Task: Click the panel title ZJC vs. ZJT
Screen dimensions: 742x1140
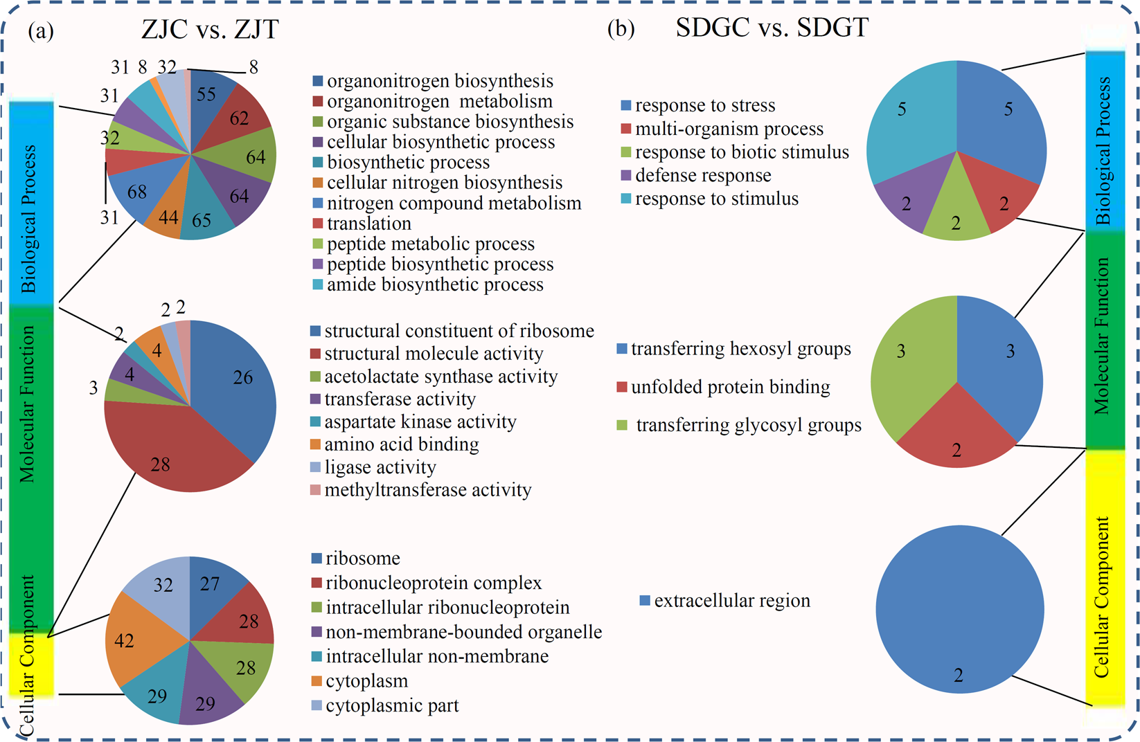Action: point(210,30)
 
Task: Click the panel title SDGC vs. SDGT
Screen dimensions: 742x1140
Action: point(772,28)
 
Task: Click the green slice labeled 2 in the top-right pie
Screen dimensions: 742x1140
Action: point(956,215)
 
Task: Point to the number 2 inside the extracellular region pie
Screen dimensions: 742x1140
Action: point(959,676)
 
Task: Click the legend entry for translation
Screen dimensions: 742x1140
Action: point(368,224)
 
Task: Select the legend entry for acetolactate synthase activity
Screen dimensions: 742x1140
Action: point(440,377)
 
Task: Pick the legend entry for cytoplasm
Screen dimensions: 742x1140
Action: point(366,681)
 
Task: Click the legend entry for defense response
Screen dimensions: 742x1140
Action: point(702,176)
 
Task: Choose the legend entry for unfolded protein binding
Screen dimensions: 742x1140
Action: point(730,387)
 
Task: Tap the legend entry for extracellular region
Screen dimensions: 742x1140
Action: point(731,601)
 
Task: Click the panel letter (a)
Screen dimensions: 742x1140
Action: point(40,31)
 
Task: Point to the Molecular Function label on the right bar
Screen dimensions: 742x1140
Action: point(1102,337)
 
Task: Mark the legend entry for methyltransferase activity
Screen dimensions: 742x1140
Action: point(427,490)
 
